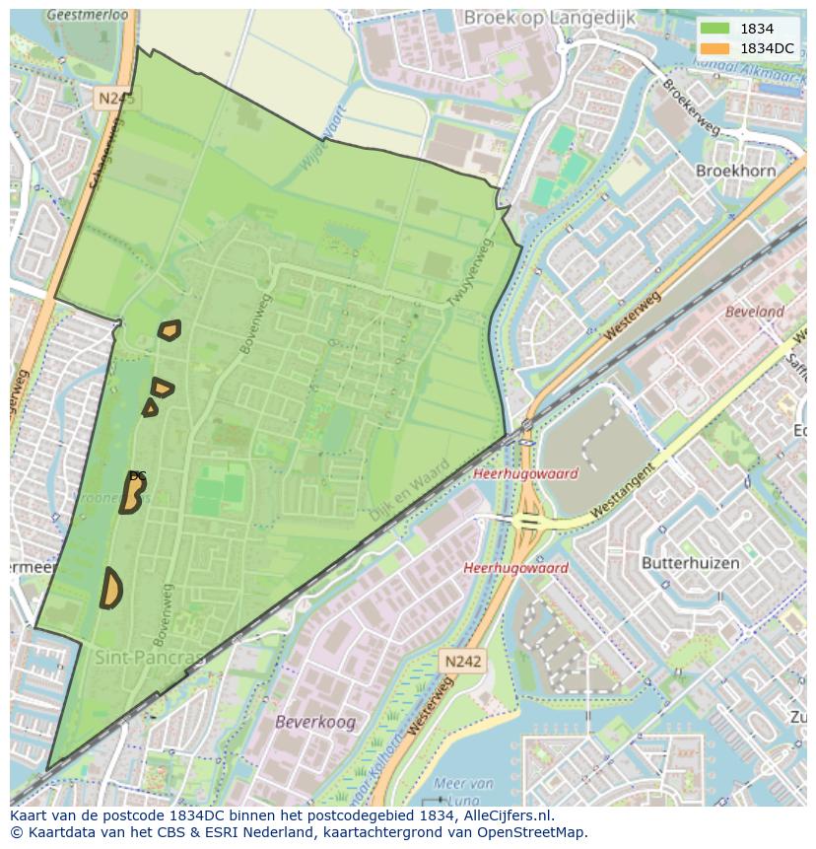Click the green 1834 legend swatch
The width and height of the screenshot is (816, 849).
714,29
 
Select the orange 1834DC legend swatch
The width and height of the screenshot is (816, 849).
714,47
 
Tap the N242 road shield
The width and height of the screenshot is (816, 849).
461,662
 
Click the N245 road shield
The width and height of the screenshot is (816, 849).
117,98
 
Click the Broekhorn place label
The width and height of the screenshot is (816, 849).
735,171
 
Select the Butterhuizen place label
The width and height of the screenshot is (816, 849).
690,563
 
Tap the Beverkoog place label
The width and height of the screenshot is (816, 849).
315,722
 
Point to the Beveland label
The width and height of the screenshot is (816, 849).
754,312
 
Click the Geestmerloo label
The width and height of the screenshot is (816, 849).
88,16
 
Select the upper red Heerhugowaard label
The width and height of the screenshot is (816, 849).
525,473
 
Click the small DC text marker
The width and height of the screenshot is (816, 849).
138,476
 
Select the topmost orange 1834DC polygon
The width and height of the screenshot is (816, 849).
170,329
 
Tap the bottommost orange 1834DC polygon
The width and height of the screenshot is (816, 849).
110,589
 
